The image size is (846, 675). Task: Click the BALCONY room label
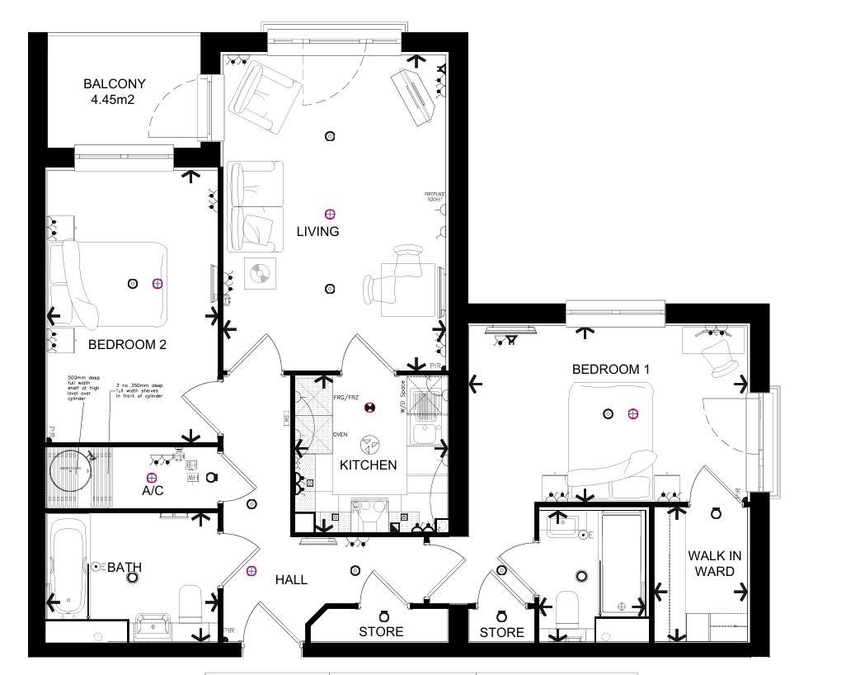[114, 83]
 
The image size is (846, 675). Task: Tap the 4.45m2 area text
[114, 100]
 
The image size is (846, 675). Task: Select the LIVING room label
[317, 232]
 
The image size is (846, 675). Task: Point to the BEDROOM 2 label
[127, 345]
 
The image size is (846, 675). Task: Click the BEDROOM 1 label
[611, 370]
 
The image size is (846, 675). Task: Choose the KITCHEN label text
[368, 465]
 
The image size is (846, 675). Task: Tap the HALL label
[291, 580]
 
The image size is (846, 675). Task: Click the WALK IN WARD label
[714, 564]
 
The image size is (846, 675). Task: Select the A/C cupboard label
[153, 491]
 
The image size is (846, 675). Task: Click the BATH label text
[125, 568]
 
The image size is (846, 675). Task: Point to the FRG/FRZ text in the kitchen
[347, 397]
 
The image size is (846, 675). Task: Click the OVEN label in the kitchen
[340, 434]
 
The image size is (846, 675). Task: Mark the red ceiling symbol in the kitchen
[370, 408]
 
